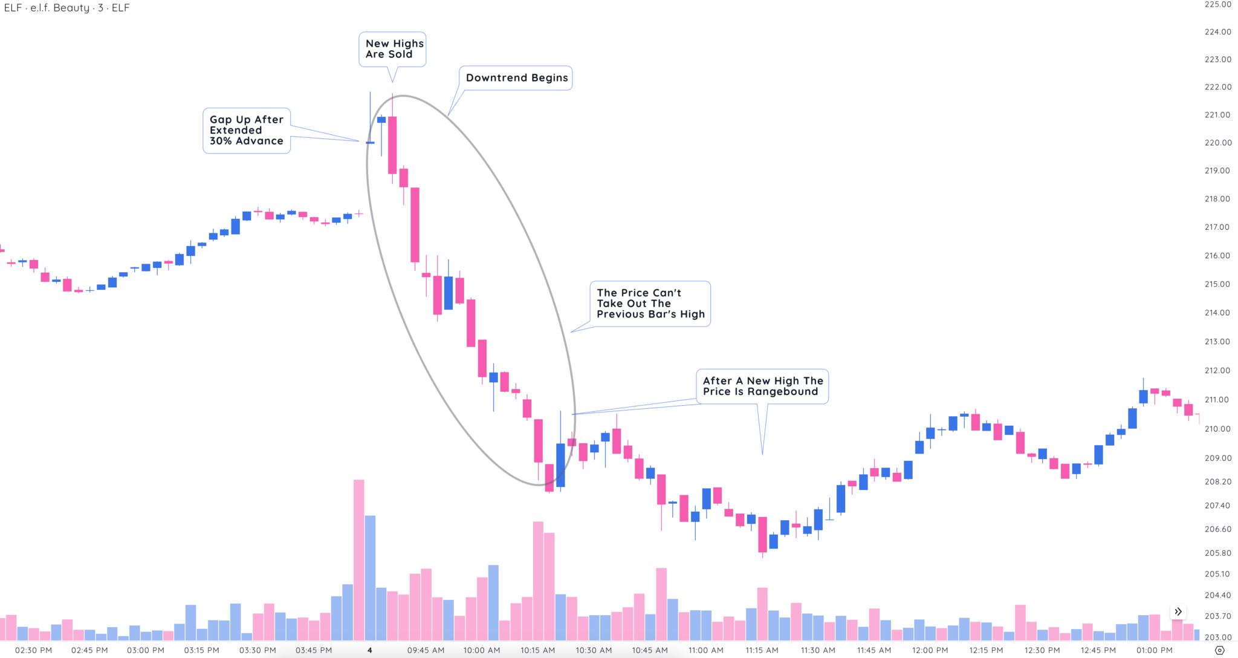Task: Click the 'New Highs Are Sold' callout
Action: (393, 49)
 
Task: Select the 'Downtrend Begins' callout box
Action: (516, 78)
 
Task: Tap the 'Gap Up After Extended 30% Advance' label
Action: (246, 131)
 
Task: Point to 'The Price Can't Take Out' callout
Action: (650, 304)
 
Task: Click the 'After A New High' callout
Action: (762, 386)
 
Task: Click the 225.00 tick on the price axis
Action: (1217, 4)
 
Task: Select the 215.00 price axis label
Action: (1217, 284)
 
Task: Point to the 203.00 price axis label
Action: (1217, 637)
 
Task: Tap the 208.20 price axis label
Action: (1217, 482)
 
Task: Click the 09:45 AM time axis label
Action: (426, 650)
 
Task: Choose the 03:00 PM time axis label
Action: (146, 650)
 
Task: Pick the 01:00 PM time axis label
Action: (1154, 650)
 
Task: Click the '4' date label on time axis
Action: (370, 650)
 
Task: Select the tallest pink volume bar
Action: (359, 559)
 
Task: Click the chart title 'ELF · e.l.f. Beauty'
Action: (66, 8)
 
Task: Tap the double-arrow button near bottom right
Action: (1178, 611)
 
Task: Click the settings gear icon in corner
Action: (1219, 651)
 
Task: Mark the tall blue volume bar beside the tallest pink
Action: (371, 578)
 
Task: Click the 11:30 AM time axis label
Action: (818, 650)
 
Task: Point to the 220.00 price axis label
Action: (1217, 143)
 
